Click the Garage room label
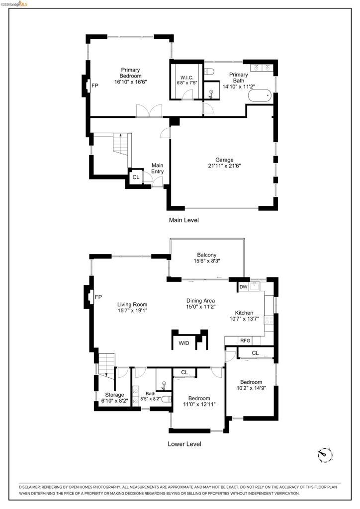click(x=224, y=160)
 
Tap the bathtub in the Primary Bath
click(x=260, y=96)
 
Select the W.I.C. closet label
click(x=186, y=78)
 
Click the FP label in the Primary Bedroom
click(x=95, y=85)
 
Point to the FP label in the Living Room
click(x=98, y=297)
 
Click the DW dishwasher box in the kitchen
click(x=244, y=287)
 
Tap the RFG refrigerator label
click(x=245, y=340)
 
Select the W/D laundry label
click(x=184, y=343)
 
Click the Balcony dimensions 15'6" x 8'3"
click(x=207, y=260)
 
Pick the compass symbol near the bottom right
click(x=325, y=455)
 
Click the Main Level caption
click(x=184, y=220)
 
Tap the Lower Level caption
click(x=184, y=444)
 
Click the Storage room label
click(x=114, y=395)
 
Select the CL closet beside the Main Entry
click(x=136, y=177)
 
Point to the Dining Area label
click(x=200, y=301)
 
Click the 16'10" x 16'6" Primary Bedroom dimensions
click(x=130, y=82)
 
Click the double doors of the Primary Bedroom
click(x=149, y=111)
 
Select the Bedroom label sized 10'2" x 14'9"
click(x=251, y=382)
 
